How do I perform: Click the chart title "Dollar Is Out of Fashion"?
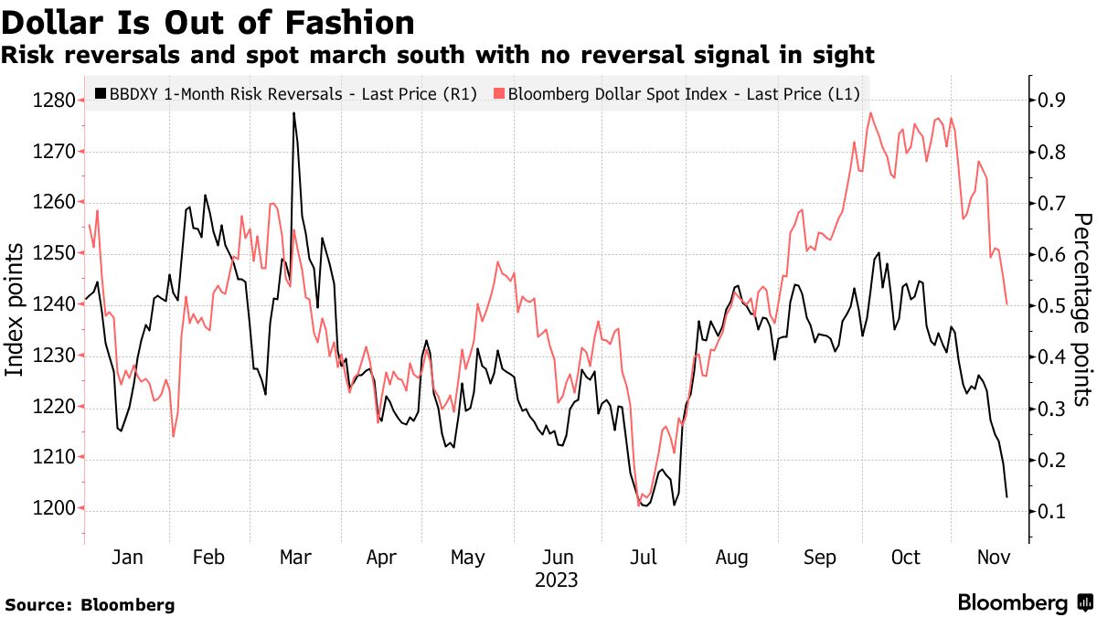click(208, 21)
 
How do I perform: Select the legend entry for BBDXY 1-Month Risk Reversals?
click(285, 93)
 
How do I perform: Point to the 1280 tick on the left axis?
click(53, 100)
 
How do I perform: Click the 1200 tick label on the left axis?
click(53, 508)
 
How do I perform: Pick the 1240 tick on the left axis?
click(53, 304)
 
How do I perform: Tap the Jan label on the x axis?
click(127, 557)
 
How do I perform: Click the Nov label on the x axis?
click(992, 557)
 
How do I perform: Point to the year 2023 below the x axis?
click(557, 580)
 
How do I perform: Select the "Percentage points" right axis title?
click(1082, 309)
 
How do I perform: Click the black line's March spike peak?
click(293, 113)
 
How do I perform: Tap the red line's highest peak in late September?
click(870, 113)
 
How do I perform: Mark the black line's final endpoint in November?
click(1006, 496)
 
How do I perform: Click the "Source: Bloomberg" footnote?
click(90, 604)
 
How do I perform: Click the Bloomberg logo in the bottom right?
click(1024, 603)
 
